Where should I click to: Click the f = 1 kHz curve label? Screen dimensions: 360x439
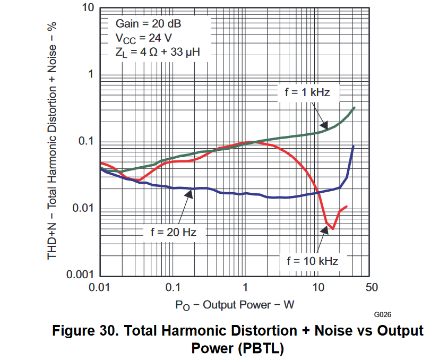pyautogui.click(x=307, y=92)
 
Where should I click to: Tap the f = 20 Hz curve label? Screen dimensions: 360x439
pyautogui.click(x=174, y=232)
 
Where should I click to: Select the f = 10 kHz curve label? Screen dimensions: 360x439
pyautogui.click(x=312, y=261)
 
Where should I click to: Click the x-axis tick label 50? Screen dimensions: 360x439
pyautogui.click(x=372, y=288)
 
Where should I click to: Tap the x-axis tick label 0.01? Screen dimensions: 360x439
pyautogui.click(x=99, y=288)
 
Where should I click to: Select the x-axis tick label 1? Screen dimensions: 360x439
pyautogui.click(x=245, y=288)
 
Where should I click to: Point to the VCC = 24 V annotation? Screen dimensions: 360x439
pyautogui.click(x=143, y=38)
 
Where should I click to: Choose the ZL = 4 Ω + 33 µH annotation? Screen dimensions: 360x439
pyautogui.click(x=157, y=52)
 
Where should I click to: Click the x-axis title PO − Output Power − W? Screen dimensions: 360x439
pyautogui.click(x=235, y=305)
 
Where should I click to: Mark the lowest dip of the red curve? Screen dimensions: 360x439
pyautogui.click(x=332, y=228)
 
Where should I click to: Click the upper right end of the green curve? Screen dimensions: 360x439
pyautogui.click(x=354, y=107)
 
